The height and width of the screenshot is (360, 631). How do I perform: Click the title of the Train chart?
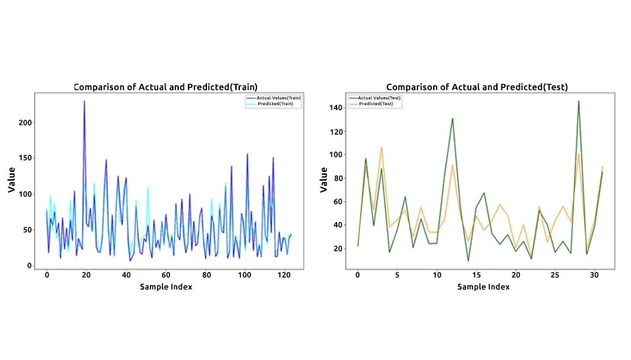pyautogui.click(x=165, y=87)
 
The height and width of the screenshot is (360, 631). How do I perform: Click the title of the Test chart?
pyautogui.click(x=477, y=87)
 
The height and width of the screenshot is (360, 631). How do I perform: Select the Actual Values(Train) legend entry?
pyautogui.click(x=273, y=98)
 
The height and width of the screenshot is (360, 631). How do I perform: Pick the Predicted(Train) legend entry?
pyautogui.click(x=273, y=104)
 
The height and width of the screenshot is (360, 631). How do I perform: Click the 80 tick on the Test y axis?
pyautogui.click(x=337, y=178)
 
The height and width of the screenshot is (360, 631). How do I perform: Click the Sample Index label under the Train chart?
pyautogui.click(x=166, y=287)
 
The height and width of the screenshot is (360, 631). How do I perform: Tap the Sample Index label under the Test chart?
pyautogui.click(x=477, y=287)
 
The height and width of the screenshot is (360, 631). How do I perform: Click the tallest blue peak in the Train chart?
pyautogui.click(x=84, y=101)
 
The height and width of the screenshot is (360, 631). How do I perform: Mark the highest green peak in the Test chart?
pyautogui.click(x=578, y=101)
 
